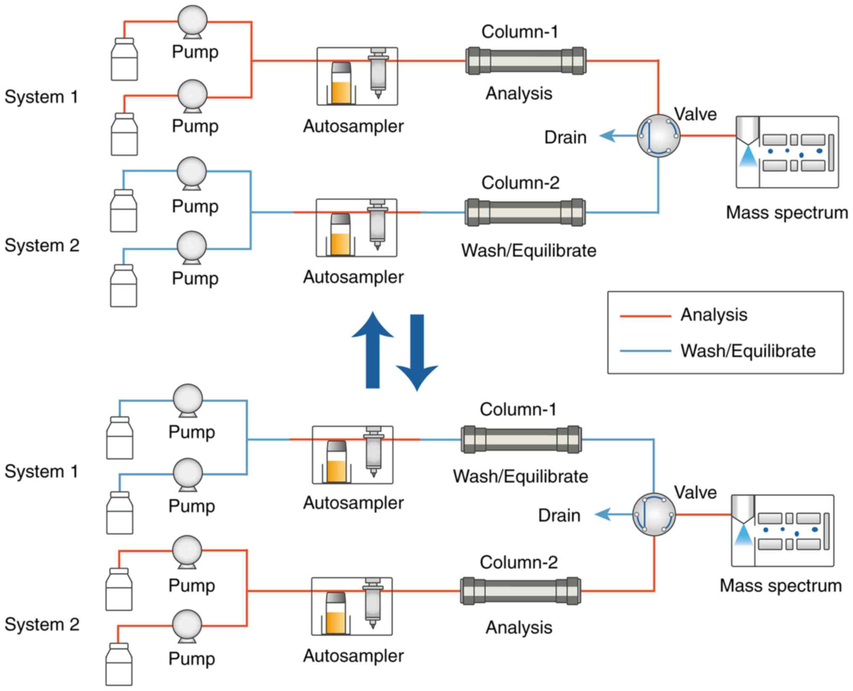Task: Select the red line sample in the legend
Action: click(645, 316)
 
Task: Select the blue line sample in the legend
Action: click(645, 351)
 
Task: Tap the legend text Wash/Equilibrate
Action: click(748, 351)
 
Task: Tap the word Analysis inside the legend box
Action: click(714, 315)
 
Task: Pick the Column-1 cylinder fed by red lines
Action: click(526, 61)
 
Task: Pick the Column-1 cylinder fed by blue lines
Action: click(521, 440)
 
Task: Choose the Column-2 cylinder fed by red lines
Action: click(521, 591)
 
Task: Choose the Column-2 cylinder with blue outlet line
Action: click(525, 212)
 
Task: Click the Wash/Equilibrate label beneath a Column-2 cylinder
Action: click(529, 251)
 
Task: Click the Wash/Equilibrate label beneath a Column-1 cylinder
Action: click(521, 476)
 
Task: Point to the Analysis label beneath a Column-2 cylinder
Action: click(519, 628)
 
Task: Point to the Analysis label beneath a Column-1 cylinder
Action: click(519, 94)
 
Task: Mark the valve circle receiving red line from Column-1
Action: click(658, 136)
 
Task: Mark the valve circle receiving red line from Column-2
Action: click(654, 514)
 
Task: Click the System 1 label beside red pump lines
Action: click(41, 97)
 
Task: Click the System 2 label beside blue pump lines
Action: click(42, 246)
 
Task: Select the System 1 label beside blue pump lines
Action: click(41, 471)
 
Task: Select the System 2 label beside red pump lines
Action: click(42, 625)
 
